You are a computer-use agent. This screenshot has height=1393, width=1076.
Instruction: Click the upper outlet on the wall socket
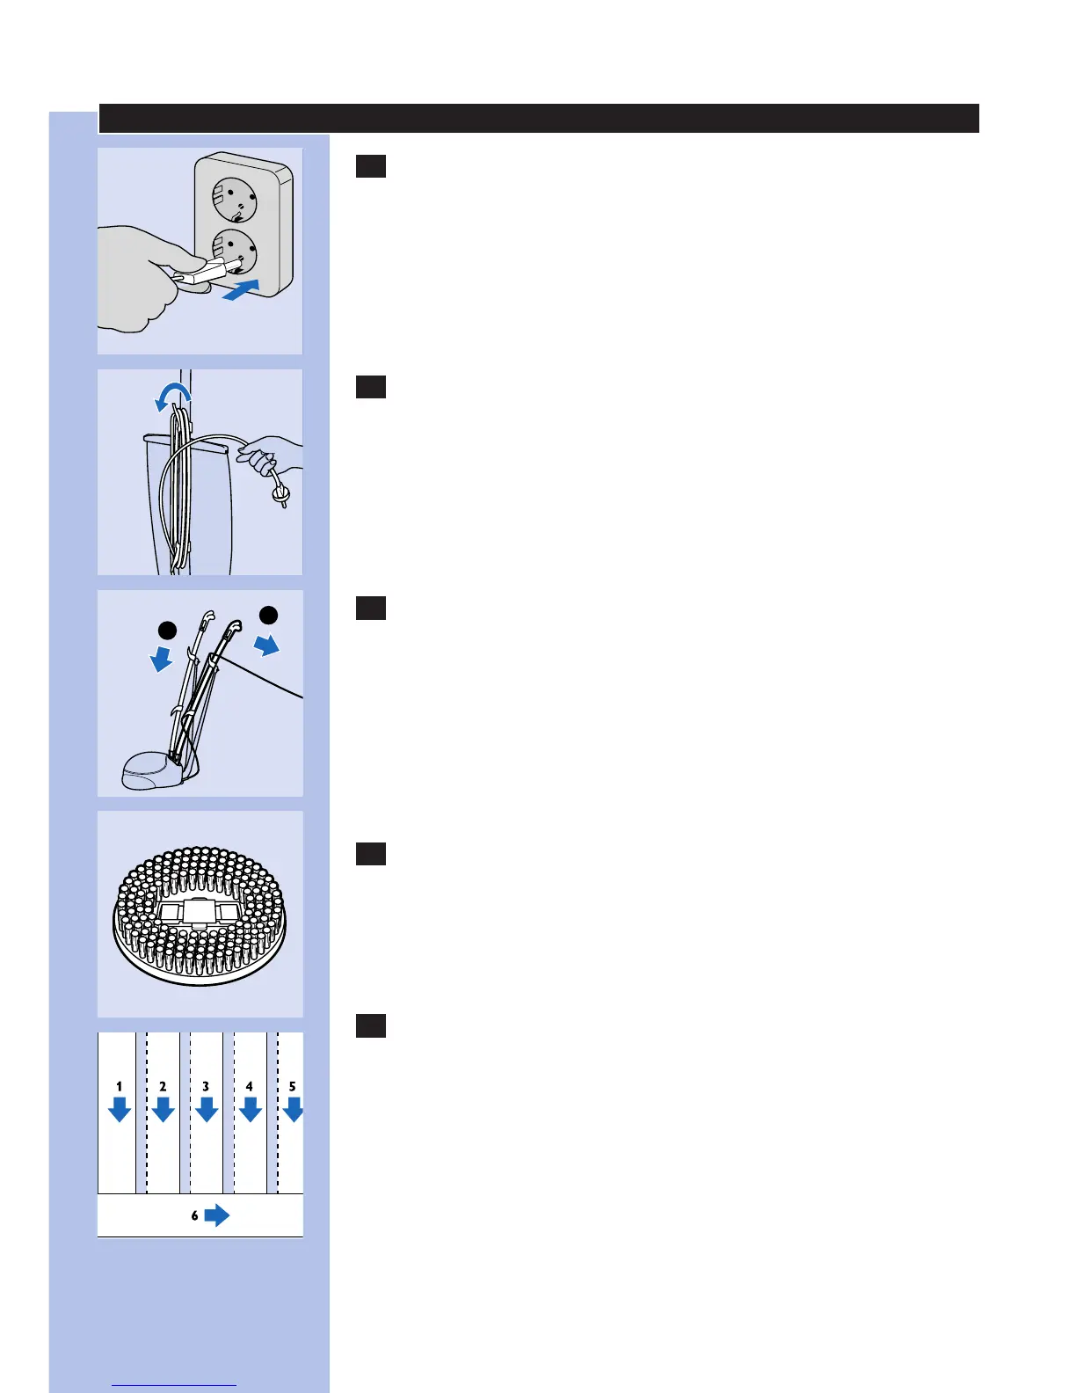point(234,199)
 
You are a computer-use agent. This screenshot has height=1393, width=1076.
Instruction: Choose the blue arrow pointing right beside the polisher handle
point(267,645)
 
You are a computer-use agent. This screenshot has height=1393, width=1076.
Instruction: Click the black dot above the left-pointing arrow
point(167,631)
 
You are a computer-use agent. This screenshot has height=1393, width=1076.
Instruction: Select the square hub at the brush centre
point(200,911)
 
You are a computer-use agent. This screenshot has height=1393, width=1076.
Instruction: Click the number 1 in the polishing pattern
point(120,1087)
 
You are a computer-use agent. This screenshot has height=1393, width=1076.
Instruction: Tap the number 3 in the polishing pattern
point(206,1087)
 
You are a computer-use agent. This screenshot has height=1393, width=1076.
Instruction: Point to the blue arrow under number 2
point(163,1111)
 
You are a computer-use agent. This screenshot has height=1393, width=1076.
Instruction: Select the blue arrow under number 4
point(250,1111)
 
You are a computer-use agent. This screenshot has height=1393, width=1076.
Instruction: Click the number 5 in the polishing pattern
point(293,1087)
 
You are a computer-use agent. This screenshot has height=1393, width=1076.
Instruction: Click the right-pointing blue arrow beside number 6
point(216,1215)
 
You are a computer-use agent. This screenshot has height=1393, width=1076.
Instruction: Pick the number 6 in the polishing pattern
point(194,1216)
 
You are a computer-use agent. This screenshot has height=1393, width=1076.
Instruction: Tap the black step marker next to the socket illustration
point(370,166)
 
